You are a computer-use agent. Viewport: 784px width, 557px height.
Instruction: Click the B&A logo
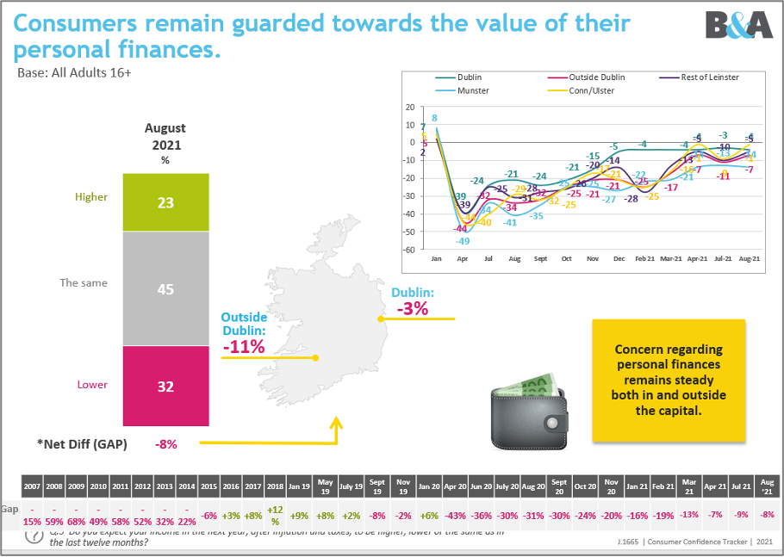pyautogui.click(x=737, y=25)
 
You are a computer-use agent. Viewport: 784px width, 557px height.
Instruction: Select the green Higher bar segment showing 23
pyautogui.click(x=165, y=203)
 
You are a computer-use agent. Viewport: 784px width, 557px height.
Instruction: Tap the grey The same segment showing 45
pyautogui.click(x=165, y=289)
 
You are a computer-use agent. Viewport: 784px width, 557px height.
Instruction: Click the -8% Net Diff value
pyautogui.click(x=165, y=444)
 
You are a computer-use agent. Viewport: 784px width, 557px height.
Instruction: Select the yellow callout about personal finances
pyautogui.click(x=669, y=380)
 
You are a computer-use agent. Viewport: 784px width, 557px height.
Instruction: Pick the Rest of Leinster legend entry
pyautogui.click(x=706, y=77)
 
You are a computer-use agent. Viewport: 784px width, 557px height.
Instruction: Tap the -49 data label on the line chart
pyautogui.click(x=463, y=241)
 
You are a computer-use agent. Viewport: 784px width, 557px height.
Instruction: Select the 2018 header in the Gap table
pyautogui.click(x=276, y=486)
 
